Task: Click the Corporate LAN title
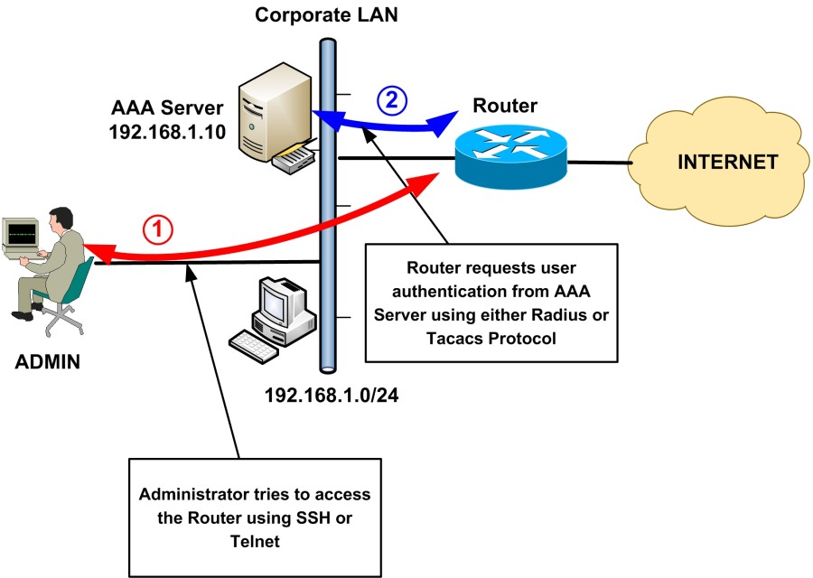[x=326, y=14]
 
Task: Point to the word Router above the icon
[x=505, y=107]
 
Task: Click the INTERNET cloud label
[x=728, y=163]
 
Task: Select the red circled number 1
[x=158, y=229]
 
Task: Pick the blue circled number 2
[x=390, y=100]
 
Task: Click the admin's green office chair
[x=68, y=289]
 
